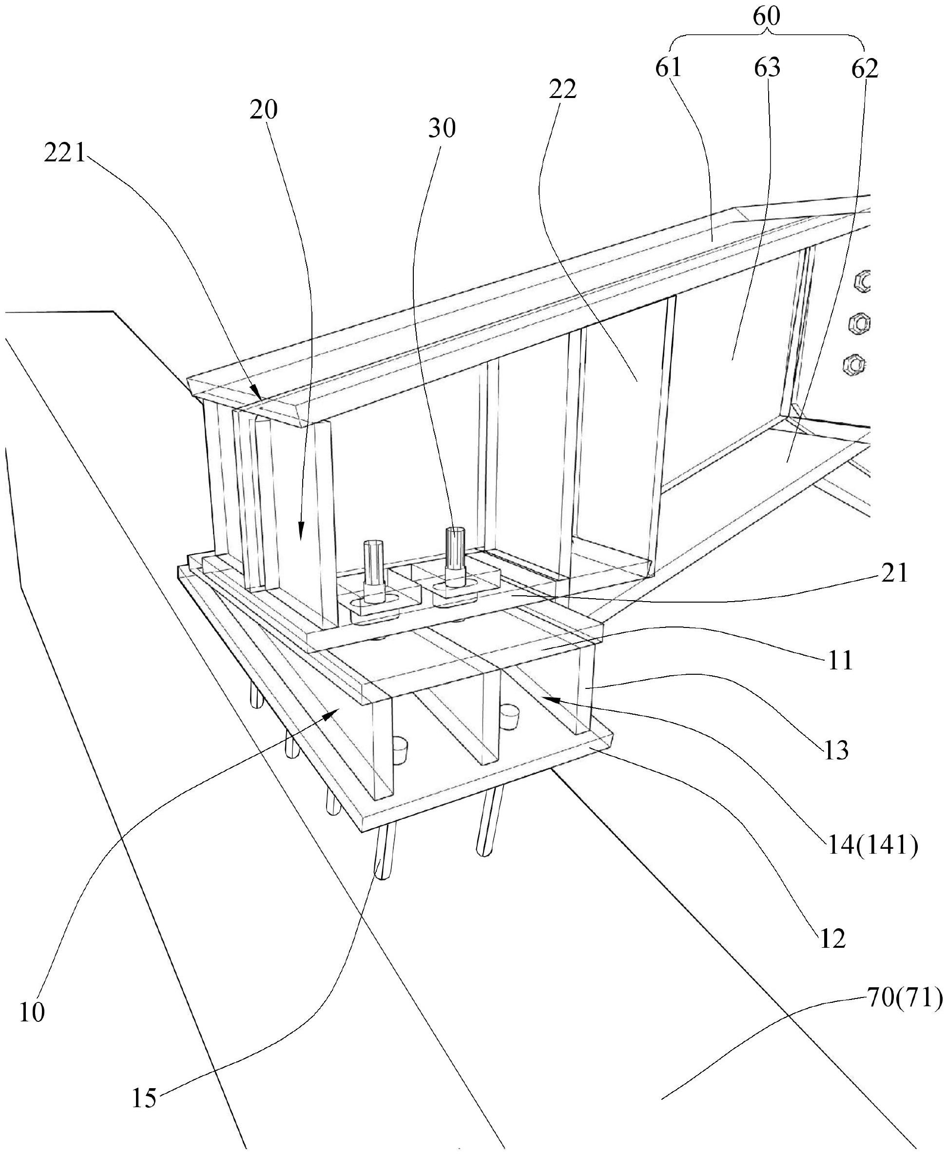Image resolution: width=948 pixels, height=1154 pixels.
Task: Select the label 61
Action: (669, 68)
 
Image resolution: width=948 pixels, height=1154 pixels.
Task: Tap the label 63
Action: (767, 68)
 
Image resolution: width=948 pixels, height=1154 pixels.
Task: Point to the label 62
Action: (865, 69)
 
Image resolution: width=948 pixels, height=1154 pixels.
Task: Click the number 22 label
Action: (563, 90)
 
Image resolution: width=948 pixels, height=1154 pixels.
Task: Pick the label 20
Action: (264, 110)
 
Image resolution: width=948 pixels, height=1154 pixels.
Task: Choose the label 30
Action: (442, 128)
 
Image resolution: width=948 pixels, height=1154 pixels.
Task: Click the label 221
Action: (65, 154)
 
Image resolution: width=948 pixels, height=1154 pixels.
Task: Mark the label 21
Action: (894, 573)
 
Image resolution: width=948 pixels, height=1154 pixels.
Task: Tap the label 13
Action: (836, 751)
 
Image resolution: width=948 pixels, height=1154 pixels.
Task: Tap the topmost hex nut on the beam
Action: (861, 282)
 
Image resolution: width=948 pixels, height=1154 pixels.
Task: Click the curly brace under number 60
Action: (767, 38)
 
